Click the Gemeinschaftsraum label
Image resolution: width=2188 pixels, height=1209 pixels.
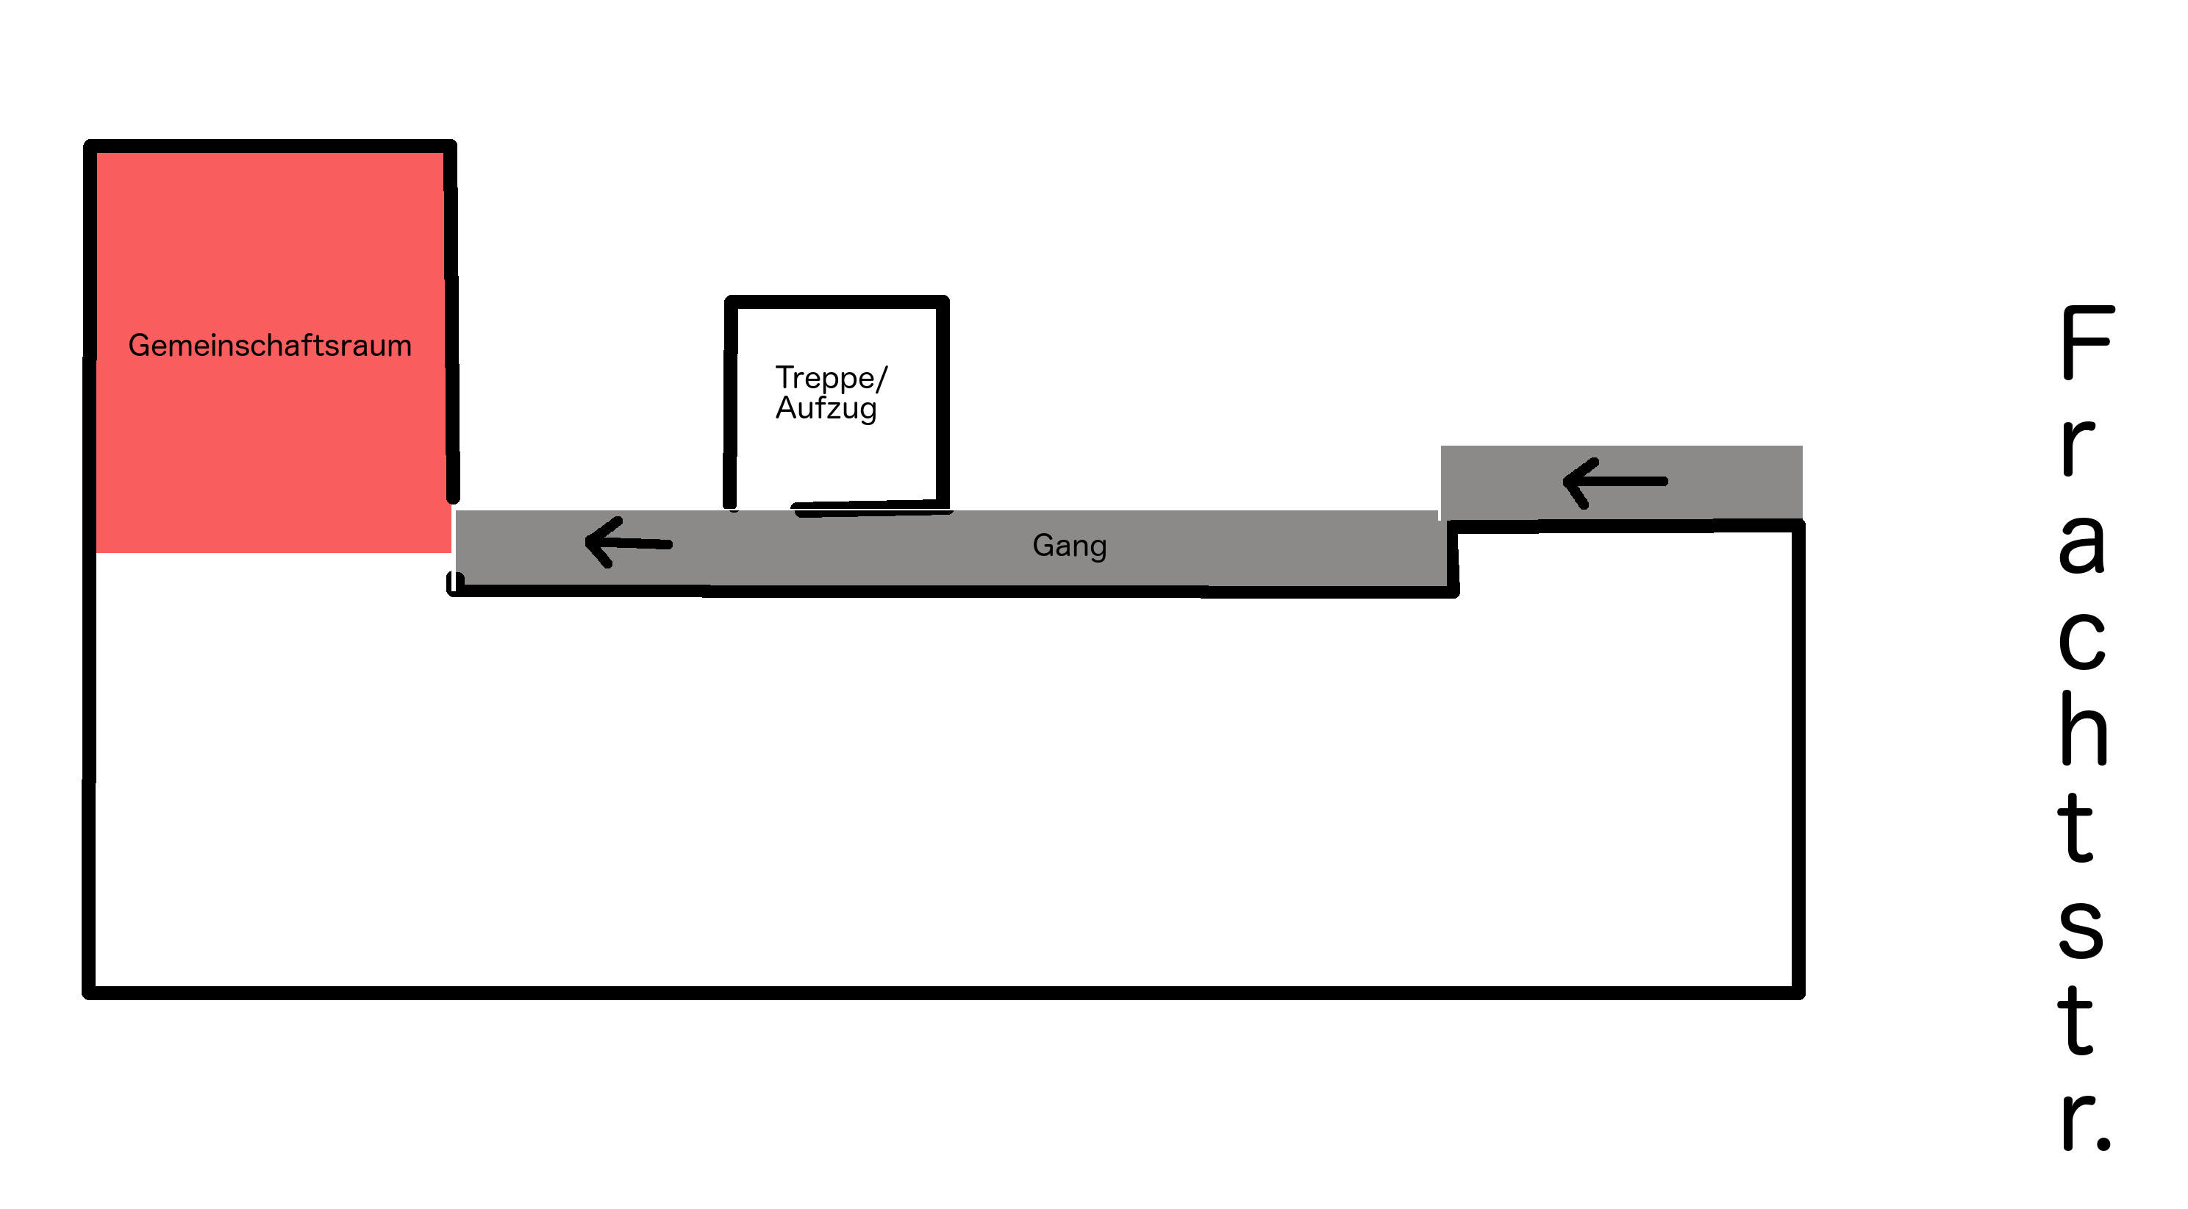click(x=269, y=346)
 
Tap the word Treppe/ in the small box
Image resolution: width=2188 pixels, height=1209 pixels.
click(x=831, y=378)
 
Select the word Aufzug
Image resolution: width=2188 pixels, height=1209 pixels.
click(x=826, y=409)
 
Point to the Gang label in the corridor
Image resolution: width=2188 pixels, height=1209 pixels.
click(x=1069, y=546)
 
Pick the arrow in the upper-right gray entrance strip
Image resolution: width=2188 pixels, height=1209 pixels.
click(x=1615, y=482)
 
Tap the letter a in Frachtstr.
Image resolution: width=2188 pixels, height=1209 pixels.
click(x=2082, y=543)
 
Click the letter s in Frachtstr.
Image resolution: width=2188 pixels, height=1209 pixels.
click(x=2081, y=929)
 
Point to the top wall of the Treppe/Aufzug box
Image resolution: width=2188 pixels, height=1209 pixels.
click(x=837, y=302)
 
